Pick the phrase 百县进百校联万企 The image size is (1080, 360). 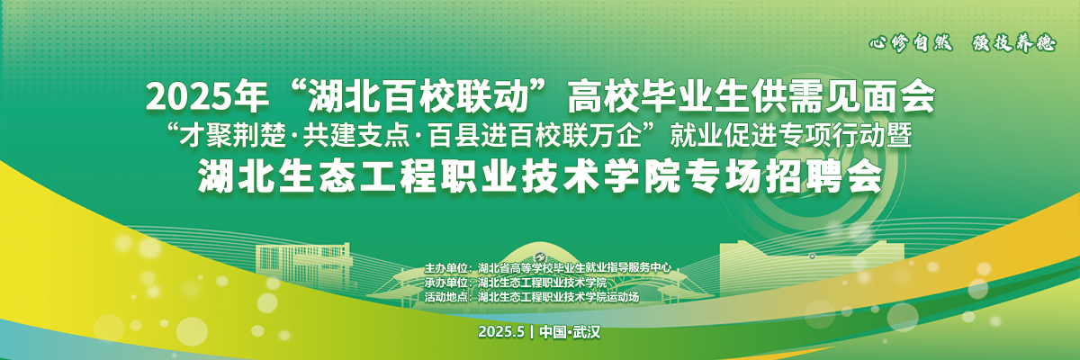click(x=535, y=136)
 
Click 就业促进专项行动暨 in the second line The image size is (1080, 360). click(x=791, y=136)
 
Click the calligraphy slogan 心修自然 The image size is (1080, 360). click(x=911, y=44)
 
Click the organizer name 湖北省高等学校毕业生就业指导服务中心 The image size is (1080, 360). click(x=574, y=268)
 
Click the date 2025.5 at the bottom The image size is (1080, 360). click(x=501, y=332)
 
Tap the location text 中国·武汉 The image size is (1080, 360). click(x=570, y=332)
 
